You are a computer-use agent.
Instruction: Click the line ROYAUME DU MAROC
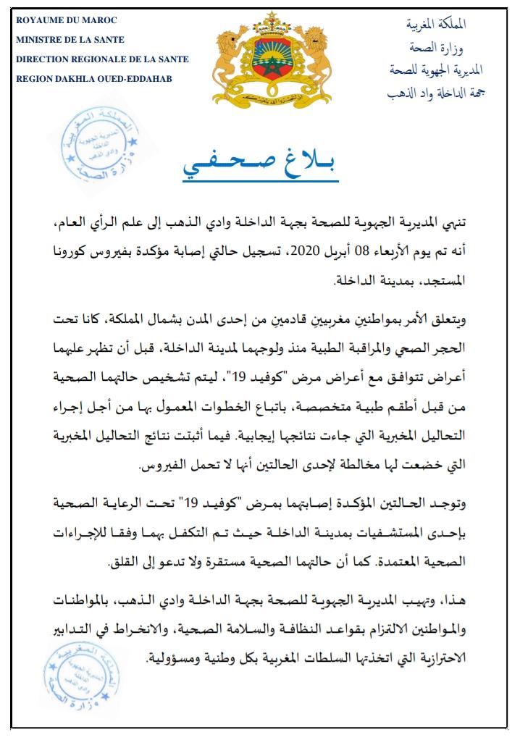[66, 19]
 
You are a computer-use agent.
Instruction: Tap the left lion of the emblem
[230, 62]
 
